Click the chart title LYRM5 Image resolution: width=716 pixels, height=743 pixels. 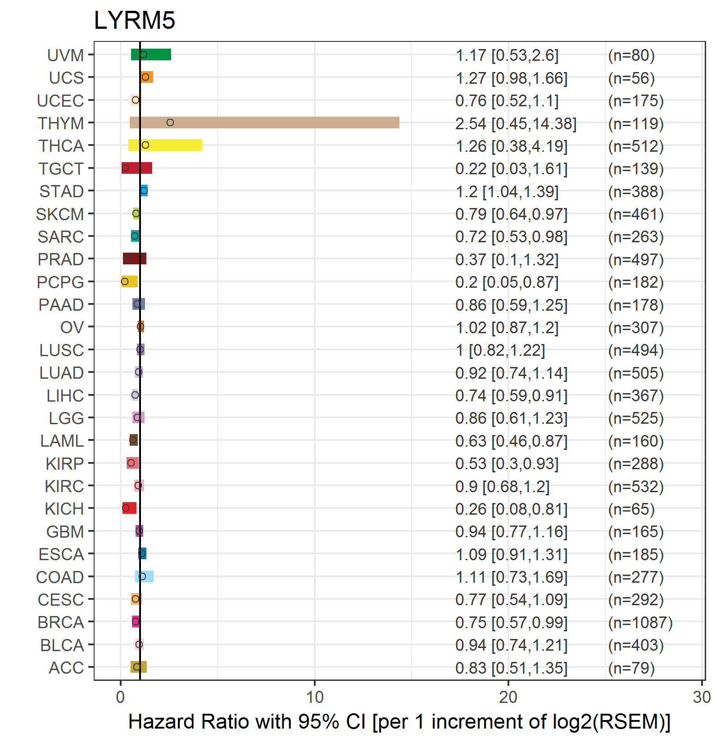pyautogui.click(x=134, y=20)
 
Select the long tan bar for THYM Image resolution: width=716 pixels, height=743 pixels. pyautogui.click(x=264, y=122)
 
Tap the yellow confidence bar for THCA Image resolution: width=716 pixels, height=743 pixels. pyautogui.click(x=165, y=145)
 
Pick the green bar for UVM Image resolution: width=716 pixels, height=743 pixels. pyautogui.click(x=151, y=54)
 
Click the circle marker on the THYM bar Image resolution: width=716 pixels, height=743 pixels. pyautogui.click(x=170, y=122)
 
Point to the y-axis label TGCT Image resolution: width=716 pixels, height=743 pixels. pyautogui.click(x=61, y=169)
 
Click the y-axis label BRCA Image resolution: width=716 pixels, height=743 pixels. pyautogui.click(x=61, y=622)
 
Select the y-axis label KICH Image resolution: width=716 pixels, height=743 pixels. pyautogui.click(x=64, y=509)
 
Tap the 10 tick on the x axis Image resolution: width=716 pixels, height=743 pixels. pyautogui.click(x=315, y=697)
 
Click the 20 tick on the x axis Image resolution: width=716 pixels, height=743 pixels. pyautogui.click(x=508, y=697)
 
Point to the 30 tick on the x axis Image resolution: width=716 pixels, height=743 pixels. pyautogui.click(x=702, y=697)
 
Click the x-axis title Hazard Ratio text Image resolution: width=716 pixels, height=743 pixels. pyautogui.click(x=399, y=721)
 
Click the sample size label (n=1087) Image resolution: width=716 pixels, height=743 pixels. pyautogui.click(x=640, y=622)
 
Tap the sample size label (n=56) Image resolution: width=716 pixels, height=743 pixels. pyautogui.click(x=631, y=78)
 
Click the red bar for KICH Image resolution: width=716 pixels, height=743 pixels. pyautogui.click(x=129, y=508)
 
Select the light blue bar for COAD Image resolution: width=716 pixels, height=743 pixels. pyautogui.click(x=144, y=576)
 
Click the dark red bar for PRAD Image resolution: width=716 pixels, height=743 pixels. pyautogui.click(x=134, y=258)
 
